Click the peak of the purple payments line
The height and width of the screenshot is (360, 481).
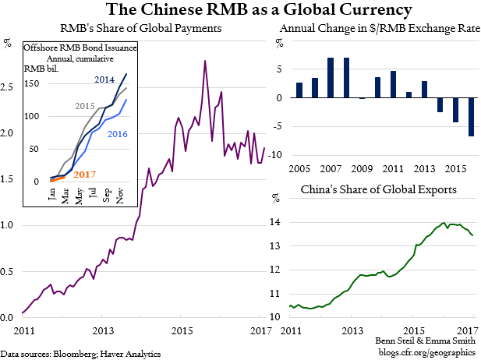[x=204, y=61]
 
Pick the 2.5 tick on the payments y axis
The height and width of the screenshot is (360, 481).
[x=9, y=86]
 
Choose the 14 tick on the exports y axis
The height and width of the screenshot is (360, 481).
[x=274, y=222]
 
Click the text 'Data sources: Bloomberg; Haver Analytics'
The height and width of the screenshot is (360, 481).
[x=81, y=354]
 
